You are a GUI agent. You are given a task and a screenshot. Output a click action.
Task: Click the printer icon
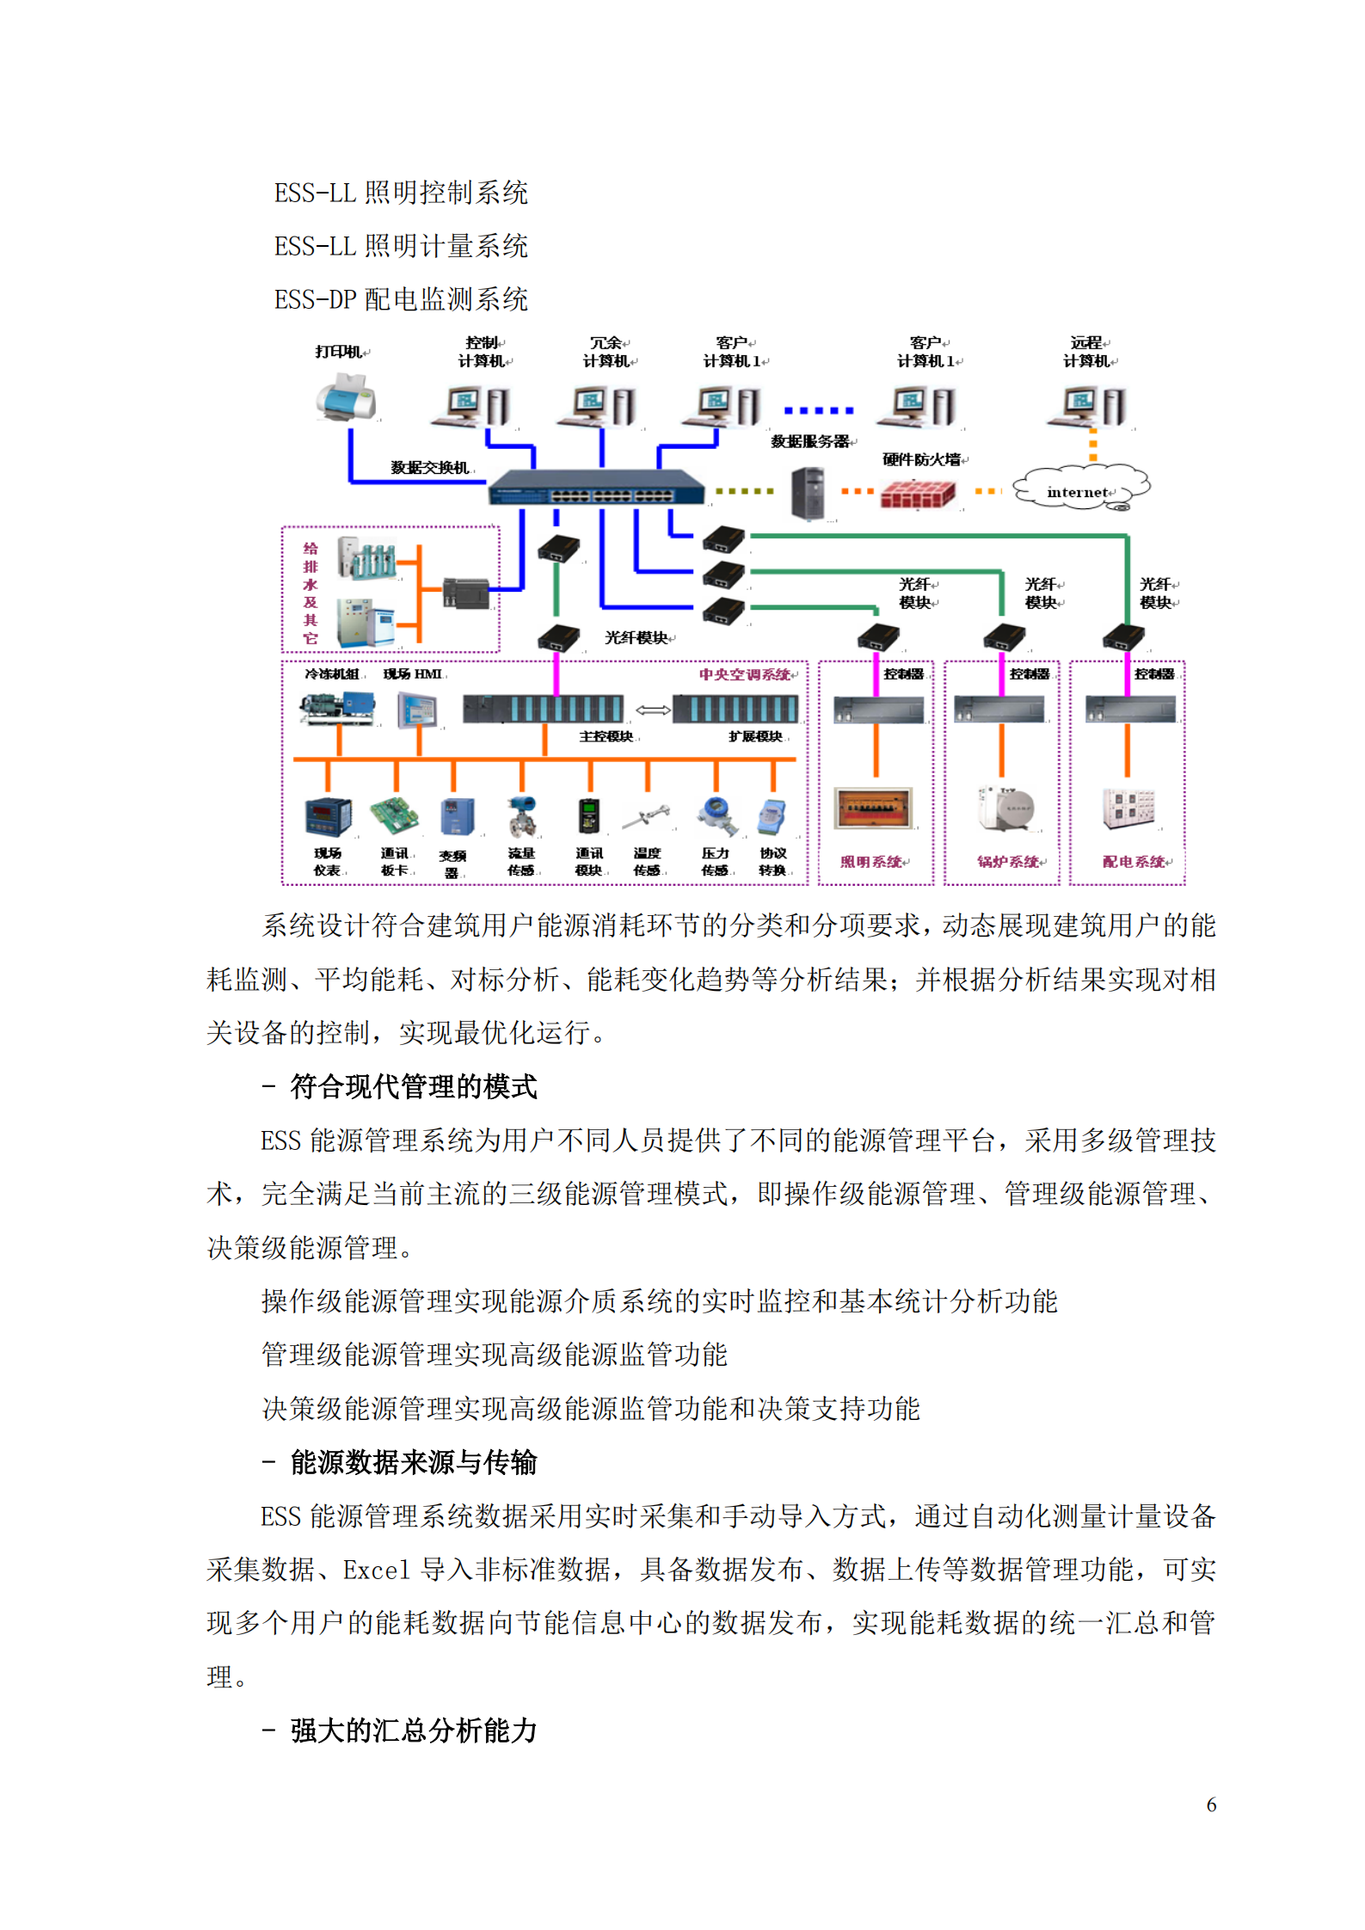tap(346, 397)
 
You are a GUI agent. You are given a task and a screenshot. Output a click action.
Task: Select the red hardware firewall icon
tap(918, 493)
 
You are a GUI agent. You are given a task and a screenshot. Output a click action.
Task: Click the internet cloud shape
tap(1080, 488)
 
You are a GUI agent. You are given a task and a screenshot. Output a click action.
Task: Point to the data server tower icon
tap(808, 493)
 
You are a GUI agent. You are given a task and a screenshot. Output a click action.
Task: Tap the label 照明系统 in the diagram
tap(872, 861)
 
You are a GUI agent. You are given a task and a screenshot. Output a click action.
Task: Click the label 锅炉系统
tap(1008, 861)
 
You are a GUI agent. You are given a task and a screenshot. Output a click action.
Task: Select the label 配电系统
tap(1134, 861)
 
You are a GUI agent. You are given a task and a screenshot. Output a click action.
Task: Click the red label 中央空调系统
tap(746, 674)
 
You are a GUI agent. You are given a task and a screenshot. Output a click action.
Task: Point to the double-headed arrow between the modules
tap(653, 710)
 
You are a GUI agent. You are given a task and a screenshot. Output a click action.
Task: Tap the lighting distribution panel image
tap(874, 808)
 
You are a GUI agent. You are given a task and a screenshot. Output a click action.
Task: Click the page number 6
tap(1211, 1804)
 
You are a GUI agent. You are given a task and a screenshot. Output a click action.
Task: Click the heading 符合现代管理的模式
tap(413, 1087)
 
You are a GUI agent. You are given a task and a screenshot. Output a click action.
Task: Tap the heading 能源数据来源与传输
tap(413, 1462)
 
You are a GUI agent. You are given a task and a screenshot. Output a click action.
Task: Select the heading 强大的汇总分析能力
tap(413, 1730)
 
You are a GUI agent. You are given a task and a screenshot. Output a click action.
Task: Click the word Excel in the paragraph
tap(377, 1570)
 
